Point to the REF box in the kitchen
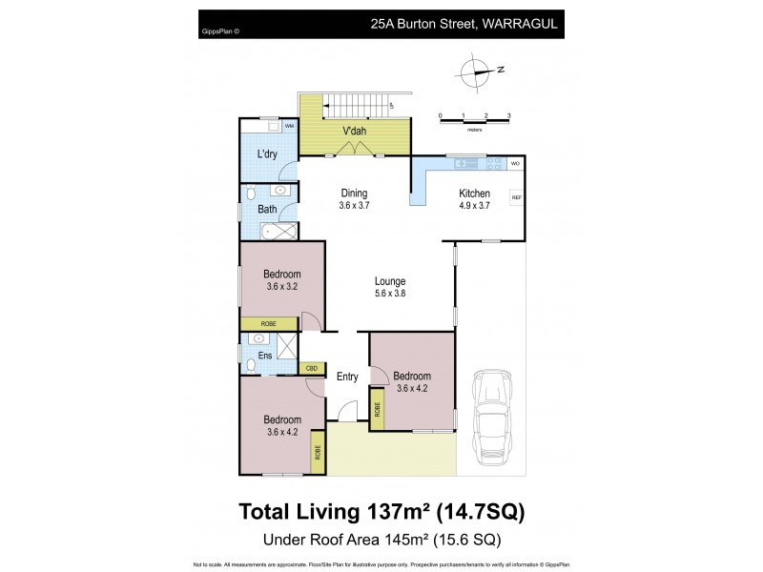[x=516, y=197]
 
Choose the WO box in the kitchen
[x=515, y=163]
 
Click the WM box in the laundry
[x=289, y=126]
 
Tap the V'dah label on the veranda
[x=355, y=131]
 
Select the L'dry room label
[x=266, y=154]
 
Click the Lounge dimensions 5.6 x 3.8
[x=390, y=294]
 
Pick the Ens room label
[x=264, y=356]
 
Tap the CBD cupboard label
[x=311, y=367]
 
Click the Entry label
[x=347, y=377]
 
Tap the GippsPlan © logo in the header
[x=221, y=31]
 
